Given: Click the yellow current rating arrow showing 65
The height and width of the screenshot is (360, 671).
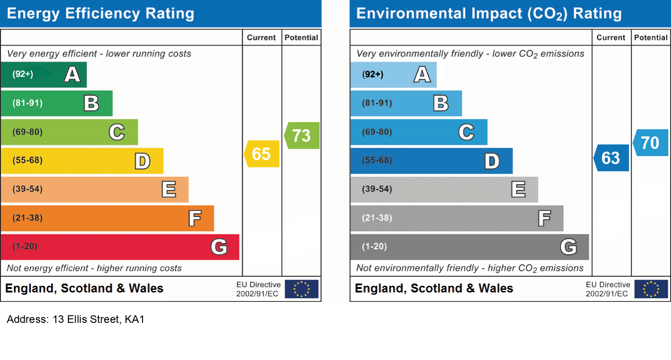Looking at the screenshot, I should (x=262, y=154).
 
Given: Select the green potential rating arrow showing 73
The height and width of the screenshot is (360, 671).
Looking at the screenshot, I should (x=302, y=136).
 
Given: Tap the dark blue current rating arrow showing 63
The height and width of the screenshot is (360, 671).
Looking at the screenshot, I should (x=612, y=158).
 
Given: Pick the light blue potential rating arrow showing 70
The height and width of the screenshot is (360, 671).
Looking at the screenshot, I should (x=651, y=143).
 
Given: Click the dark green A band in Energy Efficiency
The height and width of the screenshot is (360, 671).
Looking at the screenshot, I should (x=43, y=75).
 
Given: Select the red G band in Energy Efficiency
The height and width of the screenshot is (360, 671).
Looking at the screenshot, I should (x=120, y=247).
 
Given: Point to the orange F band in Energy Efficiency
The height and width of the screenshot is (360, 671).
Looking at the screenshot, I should (x=107, y=218).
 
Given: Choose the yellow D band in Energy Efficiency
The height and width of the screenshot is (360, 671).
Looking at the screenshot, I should (x=82, y=161).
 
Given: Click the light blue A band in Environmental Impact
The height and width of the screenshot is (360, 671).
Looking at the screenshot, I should (x=393, y=75).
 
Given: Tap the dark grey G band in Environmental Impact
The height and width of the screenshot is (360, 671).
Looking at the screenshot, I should (x=469, y=247).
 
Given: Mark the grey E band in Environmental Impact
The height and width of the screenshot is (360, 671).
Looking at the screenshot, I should (x=444, y=190).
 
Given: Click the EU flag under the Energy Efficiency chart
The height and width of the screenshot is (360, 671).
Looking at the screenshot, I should (x=301, y=289).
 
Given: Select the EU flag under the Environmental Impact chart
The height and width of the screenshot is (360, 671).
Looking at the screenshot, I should (x=651, y=289).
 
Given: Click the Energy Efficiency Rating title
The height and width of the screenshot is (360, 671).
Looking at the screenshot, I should (x=101, y=13).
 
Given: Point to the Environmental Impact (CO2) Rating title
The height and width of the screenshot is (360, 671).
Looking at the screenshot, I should (x=489, y=13).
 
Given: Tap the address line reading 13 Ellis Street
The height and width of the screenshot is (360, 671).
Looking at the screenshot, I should (x=76, y=320).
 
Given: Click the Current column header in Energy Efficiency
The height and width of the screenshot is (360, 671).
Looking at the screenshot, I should (x=262, y=38).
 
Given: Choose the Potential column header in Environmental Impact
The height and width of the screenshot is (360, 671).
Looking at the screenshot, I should (x=651, y=38).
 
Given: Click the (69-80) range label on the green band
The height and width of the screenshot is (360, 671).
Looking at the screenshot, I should (x=28, y=132).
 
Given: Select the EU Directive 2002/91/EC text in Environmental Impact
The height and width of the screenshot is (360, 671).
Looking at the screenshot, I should (x=608, y=289).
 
